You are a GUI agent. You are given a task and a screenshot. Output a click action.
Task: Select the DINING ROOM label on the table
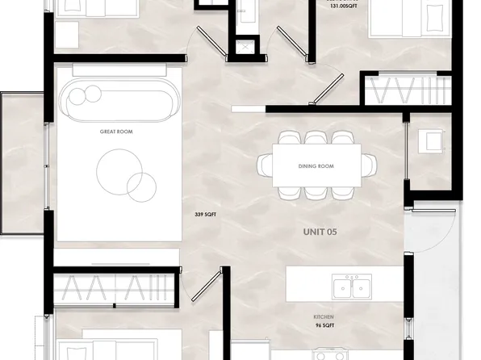[x=316, y=166]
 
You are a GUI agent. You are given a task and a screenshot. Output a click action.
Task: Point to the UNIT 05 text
[x=320, y=231]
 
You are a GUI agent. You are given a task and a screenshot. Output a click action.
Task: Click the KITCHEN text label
[x=325, y=317]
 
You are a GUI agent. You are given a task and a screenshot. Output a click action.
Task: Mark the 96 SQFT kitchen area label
[x=325, y=327]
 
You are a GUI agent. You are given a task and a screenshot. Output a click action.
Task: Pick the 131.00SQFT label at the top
[x=343, y=6]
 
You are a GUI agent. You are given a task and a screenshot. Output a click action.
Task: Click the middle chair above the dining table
[x=316, y=139]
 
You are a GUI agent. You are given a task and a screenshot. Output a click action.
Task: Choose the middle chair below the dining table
[x=316, y=192]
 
